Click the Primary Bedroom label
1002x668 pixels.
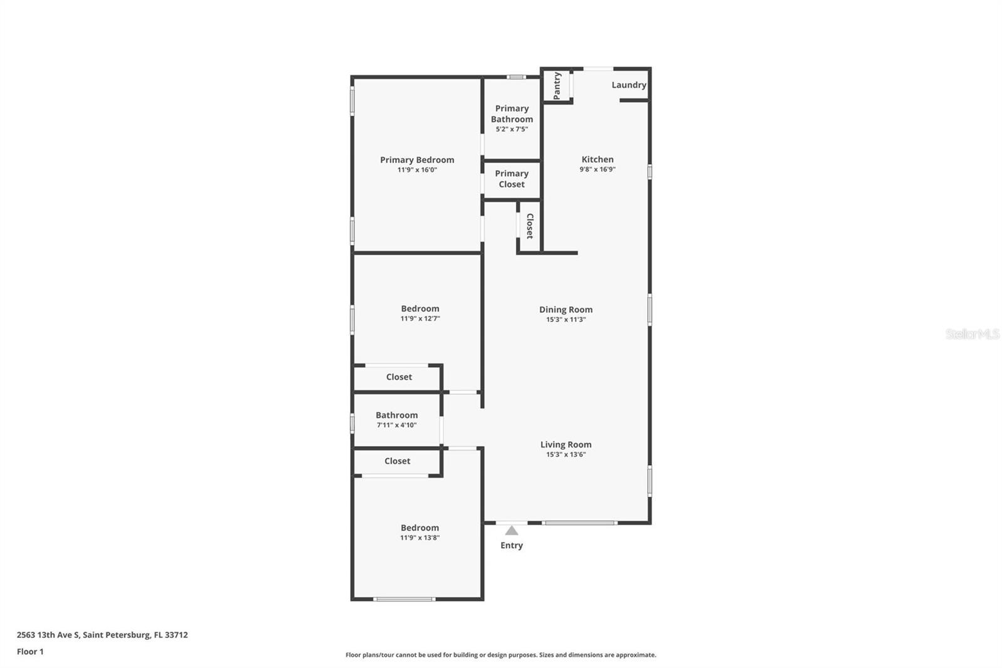pyautogui.click(x=417, y=160)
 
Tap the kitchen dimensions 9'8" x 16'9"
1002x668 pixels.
pyautogui.click(x=597, y=169)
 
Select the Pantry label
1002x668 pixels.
pyautogui.click(x=557, y=85)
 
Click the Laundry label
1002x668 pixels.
pyautogui.click(x=629, y=85)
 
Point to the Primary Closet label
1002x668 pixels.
pyautogui.click(x=512, y=179)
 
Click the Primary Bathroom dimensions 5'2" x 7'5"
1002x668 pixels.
pyautogui.click(x=512, y=129)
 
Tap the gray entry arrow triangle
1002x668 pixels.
pyautogui.click(x=512, y=531)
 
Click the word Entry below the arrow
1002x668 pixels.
pyautogui.click(x=512, y=545)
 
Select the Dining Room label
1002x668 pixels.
pyautogui.click(x=566, y=310)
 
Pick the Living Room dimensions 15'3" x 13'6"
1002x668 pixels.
pyautogui.click(x=566, y=454)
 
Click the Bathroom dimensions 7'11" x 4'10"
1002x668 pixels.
pyautogui.click(x=396, y=425)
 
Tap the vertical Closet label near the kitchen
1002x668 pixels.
pyautogui.click(x=530, y=226)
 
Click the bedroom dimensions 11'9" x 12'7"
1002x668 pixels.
pyautogui.click(x=420, y=318)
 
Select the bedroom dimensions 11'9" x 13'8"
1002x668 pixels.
pyautogui.click(x=420, y=538)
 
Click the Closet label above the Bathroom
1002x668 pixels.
pyautogui.click(x=399, y=377)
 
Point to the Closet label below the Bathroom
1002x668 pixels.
pyautogui.click(x=397, y=461)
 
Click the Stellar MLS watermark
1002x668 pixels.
pyautogui.click(x=972, y=334)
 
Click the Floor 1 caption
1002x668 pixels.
pyautogui.click(x=30, y=652)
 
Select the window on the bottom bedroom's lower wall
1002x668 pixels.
pyautogui.click(x=404, y=599)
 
